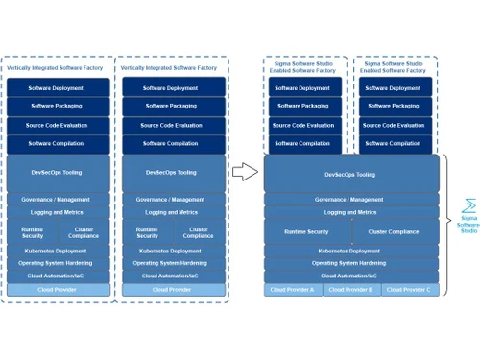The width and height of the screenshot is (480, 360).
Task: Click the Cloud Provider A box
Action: [292, 289]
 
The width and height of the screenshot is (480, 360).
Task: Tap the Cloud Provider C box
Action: [409, 289]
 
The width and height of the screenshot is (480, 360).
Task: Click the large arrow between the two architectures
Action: [246, 173]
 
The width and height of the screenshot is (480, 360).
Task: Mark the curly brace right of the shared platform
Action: [449, 219]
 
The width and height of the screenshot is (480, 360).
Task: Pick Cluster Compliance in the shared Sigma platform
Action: [392, 231]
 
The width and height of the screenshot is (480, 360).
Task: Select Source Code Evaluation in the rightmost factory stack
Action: [393, 125]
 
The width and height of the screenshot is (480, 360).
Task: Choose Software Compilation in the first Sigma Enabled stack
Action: [304, 143]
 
